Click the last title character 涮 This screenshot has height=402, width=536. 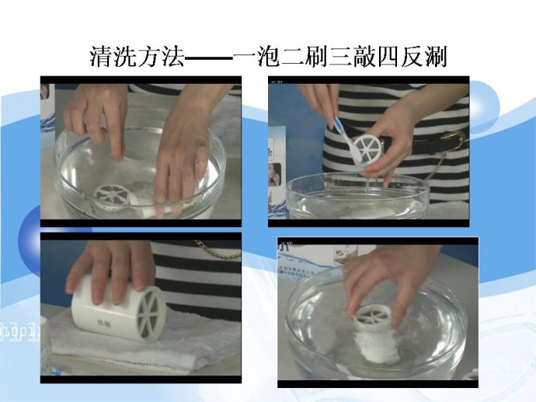437,57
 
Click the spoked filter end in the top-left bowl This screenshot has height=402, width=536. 113,197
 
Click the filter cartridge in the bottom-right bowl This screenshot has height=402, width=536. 374,332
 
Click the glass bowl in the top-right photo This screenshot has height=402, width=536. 357,196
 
